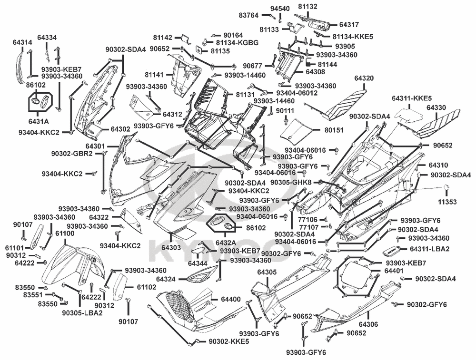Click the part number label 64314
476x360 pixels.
point(22,43)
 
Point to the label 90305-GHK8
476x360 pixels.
point(291,182)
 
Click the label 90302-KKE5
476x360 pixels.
point(228,341)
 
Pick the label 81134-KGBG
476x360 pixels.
point(241,43)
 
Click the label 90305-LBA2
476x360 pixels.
point(82,312)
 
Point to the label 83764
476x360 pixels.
point(248,16)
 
